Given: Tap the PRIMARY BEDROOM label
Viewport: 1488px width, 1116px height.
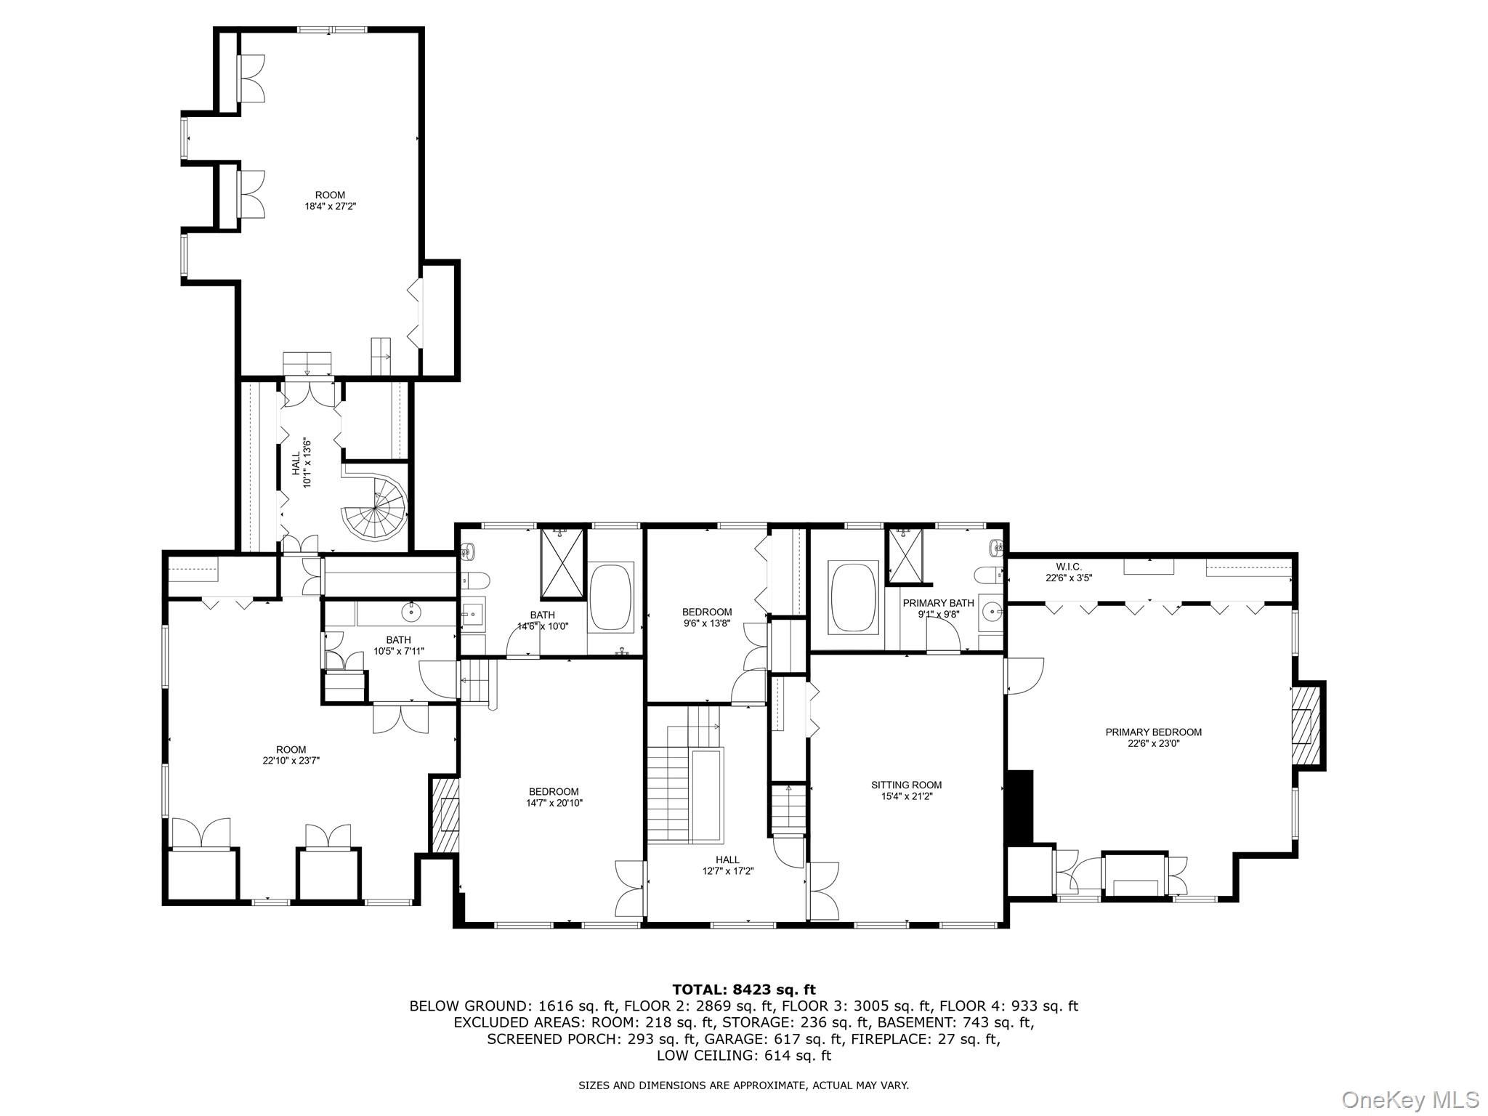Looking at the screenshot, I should (x=1153, y=737).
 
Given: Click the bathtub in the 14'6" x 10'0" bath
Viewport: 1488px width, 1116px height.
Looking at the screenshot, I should (x=612, y=597).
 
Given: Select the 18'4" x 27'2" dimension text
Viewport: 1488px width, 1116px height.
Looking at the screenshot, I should (x=330, y=206).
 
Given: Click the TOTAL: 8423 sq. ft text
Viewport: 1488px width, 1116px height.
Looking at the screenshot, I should (x=743, y=990).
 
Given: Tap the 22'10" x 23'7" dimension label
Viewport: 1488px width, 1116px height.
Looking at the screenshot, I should (x=291, y=761).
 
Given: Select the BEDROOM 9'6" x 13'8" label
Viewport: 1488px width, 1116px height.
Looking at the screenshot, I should (x=706, y=618).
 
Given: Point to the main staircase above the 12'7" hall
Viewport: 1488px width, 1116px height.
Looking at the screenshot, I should (x=668, y=792).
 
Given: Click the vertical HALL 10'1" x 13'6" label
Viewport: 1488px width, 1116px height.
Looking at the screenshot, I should (x=301, y=462).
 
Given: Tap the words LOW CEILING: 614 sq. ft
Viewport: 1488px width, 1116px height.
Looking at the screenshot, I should (x=743, y=1056).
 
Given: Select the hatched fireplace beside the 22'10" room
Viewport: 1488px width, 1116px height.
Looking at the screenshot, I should (x=445, y=814).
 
